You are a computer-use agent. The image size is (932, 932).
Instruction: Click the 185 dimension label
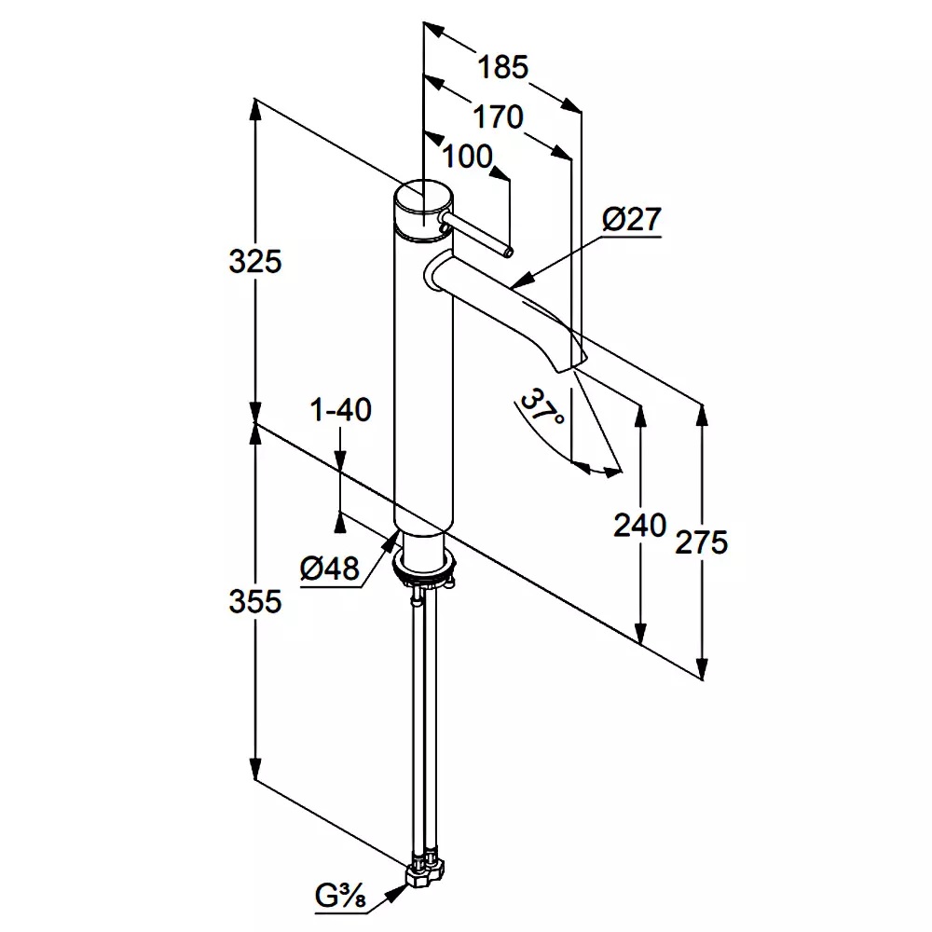(502, 67)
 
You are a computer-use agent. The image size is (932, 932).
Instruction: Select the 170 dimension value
(498, 117)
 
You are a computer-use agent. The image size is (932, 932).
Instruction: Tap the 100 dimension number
(466, 157)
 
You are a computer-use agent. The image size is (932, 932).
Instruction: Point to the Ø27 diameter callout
(631, 220)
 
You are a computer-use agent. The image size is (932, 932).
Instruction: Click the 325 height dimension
(254, 262)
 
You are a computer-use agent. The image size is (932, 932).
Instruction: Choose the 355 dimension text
(254, 602)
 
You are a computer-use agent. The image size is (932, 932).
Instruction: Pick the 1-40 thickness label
(341, 409)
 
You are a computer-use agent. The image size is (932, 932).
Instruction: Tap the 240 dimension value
(639, 526)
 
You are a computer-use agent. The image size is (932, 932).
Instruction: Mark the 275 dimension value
(702, 541)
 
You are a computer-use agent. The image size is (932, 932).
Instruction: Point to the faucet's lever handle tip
(507, 250)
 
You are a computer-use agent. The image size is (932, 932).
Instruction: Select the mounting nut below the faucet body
(425, 566)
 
